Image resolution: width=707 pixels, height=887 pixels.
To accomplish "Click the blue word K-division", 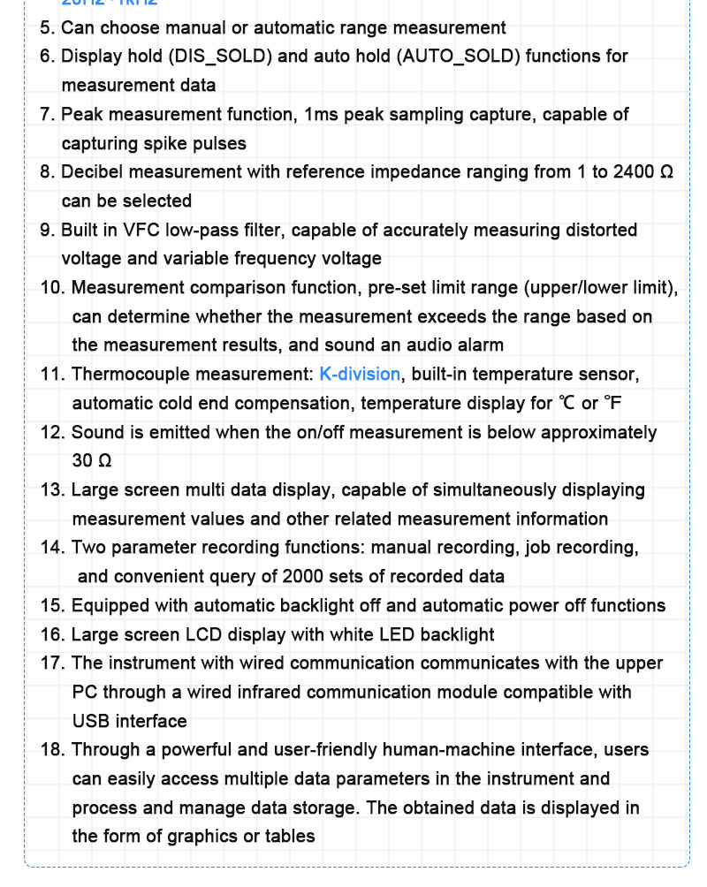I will point(360,375).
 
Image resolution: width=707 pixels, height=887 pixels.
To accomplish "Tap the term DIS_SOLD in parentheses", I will point(223,57).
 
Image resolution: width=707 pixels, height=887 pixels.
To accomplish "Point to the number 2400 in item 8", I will point(635,172).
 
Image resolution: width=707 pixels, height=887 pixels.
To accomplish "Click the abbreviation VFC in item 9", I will point(147,231).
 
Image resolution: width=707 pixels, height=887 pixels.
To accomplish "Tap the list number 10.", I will point(51,288).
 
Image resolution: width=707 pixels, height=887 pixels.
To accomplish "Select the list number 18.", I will point(51,750).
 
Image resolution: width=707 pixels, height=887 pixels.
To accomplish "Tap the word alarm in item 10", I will point(480,345).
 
